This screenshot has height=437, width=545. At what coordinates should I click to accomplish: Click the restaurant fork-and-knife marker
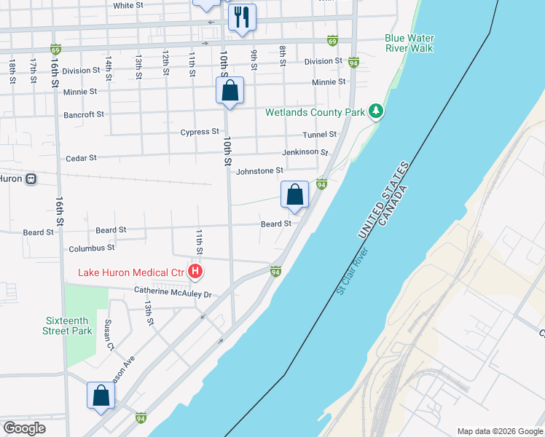pos(242,17)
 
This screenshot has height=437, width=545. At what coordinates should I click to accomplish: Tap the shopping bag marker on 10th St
pos(230,92)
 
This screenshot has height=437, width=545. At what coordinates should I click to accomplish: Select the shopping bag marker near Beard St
pos(295,195)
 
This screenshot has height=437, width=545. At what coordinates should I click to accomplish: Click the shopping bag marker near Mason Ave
pos(101,396)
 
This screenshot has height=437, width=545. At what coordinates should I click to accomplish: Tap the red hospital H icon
pos(195,272)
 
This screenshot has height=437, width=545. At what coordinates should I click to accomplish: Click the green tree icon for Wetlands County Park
pos(376,111)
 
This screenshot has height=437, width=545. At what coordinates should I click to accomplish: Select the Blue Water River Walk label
pos(409,43)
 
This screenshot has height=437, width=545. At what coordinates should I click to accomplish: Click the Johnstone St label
pos(259,171)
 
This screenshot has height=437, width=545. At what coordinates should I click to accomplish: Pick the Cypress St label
pos(200,132)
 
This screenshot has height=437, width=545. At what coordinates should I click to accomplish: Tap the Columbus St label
pos(91,248)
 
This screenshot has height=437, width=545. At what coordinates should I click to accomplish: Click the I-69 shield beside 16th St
pos(55,50)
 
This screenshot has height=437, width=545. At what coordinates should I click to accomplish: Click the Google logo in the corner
pos(24,428)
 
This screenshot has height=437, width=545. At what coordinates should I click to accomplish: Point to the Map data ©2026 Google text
pos(499,431)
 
